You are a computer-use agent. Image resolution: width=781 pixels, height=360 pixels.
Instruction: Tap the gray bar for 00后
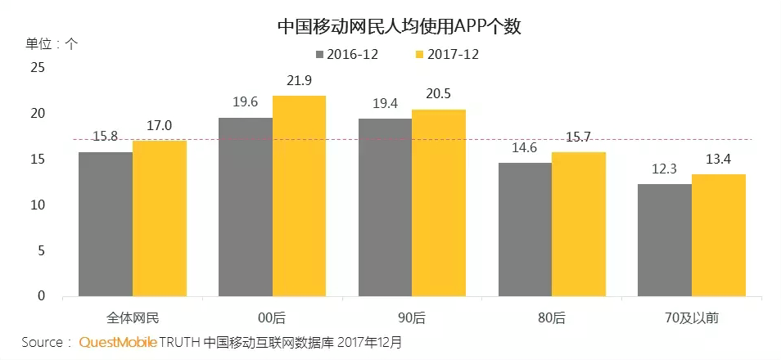[x=246, y=206]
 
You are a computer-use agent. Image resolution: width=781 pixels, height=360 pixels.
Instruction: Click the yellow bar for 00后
[x=299, y=196]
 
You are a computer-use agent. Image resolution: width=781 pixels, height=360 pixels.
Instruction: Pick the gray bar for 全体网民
[x=105, y=223]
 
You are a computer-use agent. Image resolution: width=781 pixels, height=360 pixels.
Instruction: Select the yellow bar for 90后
[x=439, y=202]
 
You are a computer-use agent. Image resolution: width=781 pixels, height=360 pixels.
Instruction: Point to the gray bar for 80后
[x=525, y=229]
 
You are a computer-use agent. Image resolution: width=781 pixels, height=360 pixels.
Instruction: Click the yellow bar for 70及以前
[x=718, y=235]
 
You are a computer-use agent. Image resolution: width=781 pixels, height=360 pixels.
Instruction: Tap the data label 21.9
[x=299, y=80]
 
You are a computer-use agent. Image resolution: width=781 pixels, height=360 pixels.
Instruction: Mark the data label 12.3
[x=664, y=169]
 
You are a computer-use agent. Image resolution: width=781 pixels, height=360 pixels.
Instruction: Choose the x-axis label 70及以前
[x=691, y=317]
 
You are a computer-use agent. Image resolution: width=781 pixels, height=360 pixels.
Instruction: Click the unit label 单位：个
[x=52, y=43]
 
